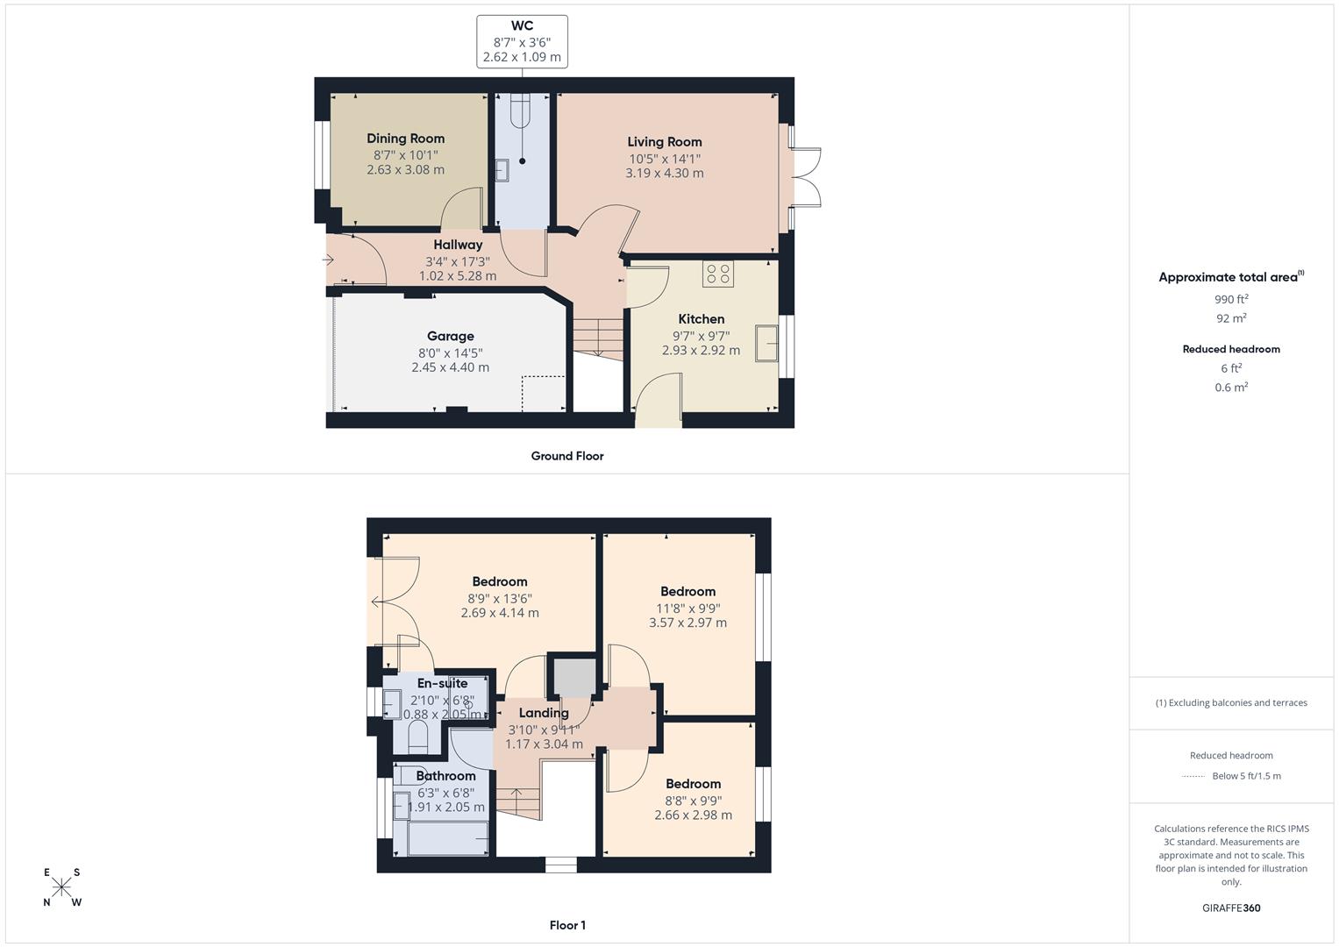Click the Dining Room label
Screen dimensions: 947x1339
click(405, 139)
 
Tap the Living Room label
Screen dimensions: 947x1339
click(664, 142)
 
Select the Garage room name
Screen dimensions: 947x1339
click(450, 337)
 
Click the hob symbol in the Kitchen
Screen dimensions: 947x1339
click(717, 274)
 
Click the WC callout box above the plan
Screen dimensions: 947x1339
click(522, 41)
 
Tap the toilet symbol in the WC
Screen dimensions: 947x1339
click(522, 112)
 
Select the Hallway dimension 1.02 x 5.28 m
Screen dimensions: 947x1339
click(457, 276)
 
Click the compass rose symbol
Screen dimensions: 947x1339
click(61, 886)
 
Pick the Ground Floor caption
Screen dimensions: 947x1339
click(566, 456)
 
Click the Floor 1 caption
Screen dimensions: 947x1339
click(566, 925)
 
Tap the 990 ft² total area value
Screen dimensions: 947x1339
click(1230, 299)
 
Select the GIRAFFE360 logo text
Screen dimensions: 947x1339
click(1230, 908)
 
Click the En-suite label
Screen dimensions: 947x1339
click(442, 684)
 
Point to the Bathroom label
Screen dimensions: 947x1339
click(445, 776)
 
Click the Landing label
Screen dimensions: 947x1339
click(543, 714)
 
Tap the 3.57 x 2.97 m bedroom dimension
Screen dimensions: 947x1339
click(687, 623)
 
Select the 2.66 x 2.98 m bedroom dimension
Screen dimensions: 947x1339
click(693, 815)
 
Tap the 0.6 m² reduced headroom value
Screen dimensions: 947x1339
click(1230, 388)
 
